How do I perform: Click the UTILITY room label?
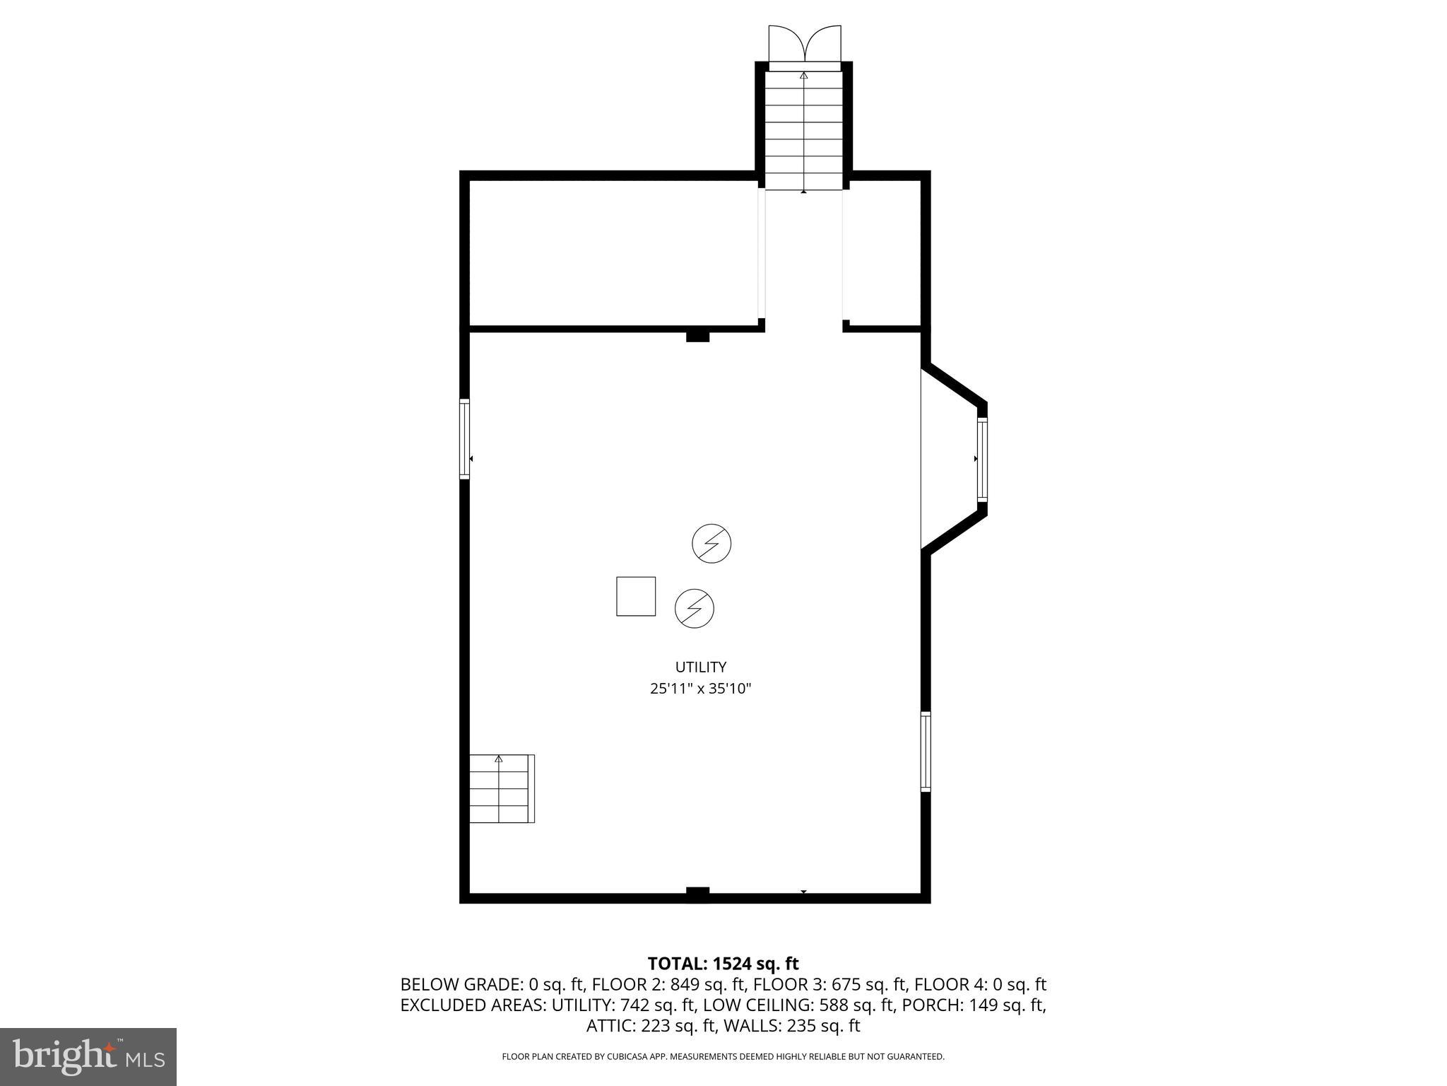tap(700, 667)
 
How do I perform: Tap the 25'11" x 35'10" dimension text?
tap(700, 689)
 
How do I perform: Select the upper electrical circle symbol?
tap(711, 543)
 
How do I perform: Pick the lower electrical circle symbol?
tap(695, 608)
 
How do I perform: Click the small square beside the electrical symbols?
tap(636, 596)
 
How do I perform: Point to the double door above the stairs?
tap(805, 46)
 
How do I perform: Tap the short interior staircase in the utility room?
tap(501, 788)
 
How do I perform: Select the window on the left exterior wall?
tap(464, 439)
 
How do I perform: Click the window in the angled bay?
tap(982, 460)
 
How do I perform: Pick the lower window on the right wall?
tap(926, 752)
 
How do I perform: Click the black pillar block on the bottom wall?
tap(697, 894)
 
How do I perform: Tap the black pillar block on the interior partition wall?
tap(697, 336)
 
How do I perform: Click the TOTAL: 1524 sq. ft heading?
tap(723, 964)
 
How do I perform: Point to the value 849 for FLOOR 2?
tap(685, 984)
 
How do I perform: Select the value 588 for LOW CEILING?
tap(834, 1005)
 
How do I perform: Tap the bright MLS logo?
tap(88, 1056)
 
